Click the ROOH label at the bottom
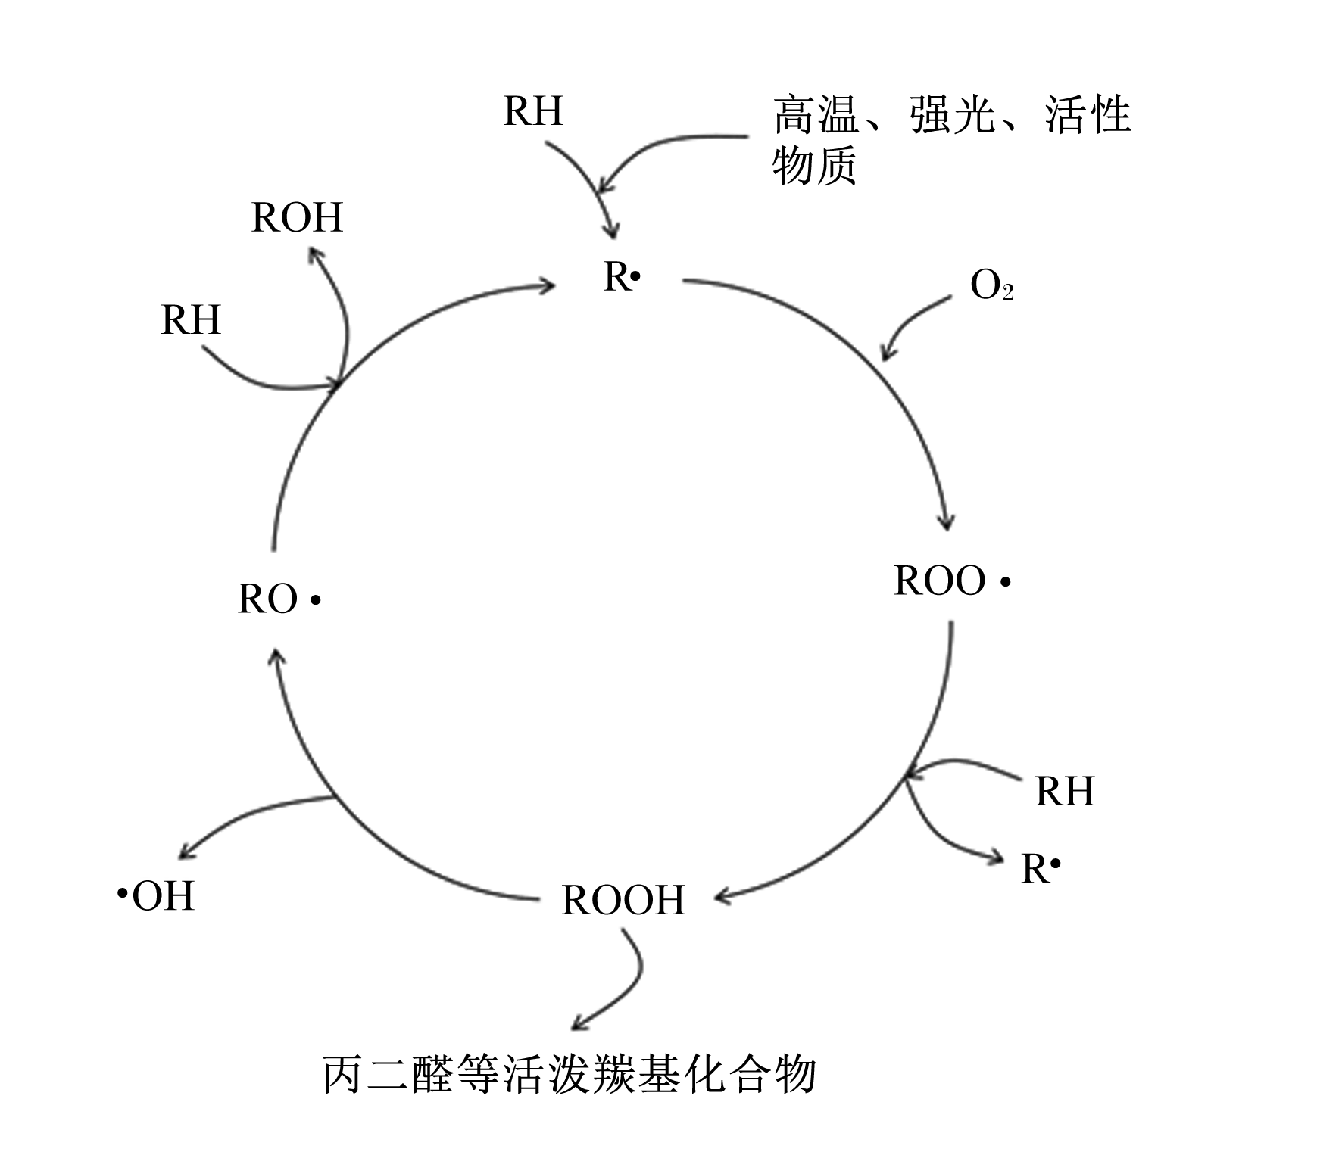623,900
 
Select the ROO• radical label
952,581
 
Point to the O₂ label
991,287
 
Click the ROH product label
297,217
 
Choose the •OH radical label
156,896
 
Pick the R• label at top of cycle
622,277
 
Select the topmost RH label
533,111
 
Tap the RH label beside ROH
191,319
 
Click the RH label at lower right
1065,792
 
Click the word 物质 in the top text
815,165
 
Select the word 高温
816,116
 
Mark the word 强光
953,116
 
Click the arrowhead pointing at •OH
186,851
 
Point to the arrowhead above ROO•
946,521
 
